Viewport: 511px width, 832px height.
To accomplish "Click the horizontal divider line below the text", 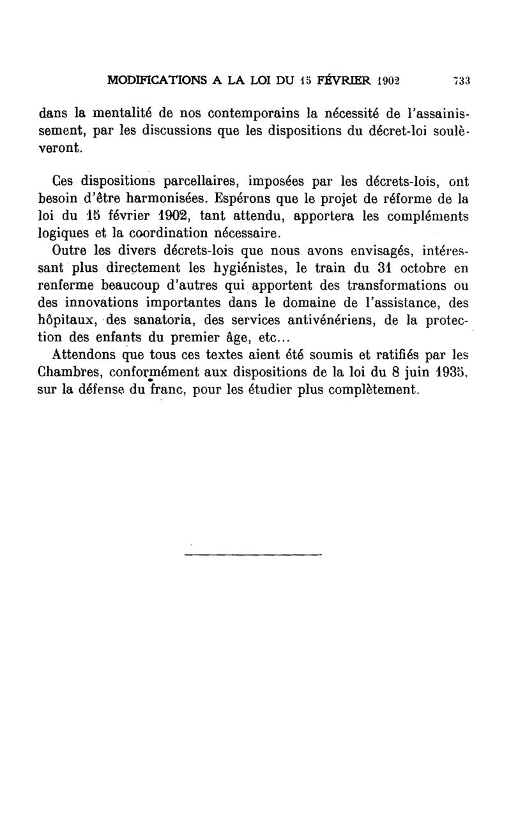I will point(253,554).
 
